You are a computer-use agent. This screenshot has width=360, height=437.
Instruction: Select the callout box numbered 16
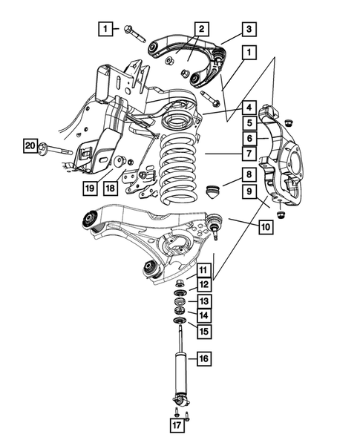tap(203, 359)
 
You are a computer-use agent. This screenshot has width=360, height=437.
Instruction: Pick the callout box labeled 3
tap(249, 30)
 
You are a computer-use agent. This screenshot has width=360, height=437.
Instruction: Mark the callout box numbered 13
tap(203, 300)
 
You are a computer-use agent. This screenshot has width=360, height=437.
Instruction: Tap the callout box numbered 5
tap(249, 122)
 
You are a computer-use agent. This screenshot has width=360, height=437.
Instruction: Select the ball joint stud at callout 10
tap(214, 223)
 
